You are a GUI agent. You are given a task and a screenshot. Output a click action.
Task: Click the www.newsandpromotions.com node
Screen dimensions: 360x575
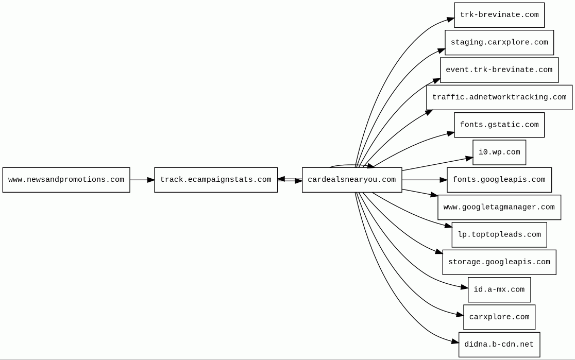tap(66, 180)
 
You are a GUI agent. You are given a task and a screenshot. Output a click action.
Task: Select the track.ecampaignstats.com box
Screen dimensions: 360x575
tap(215, 180)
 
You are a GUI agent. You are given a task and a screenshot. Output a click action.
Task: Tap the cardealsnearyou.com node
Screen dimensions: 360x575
tap(351, 180)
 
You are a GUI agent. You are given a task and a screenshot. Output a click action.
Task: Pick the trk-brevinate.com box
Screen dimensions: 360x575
tap(499, 15)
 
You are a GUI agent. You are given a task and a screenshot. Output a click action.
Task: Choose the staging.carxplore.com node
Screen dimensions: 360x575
tap(499, 42)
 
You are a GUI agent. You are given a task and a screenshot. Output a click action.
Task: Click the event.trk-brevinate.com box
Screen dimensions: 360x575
tap(499, 70)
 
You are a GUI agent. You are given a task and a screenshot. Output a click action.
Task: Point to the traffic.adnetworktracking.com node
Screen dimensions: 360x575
tap(499, 97)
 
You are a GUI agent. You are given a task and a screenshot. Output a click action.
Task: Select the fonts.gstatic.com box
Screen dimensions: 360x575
tap(499, 125)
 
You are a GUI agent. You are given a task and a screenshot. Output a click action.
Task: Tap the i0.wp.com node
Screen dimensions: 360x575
tap(499, 152)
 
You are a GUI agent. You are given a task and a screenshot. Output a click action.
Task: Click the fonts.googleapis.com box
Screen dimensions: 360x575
tap(499, 180)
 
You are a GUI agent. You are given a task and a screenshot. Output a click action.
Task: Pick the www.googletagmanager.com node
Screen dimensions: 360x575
tap(499, 207)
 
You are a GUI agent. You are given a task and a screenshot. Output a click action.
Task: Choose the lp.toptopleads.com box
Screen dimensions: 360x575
tap(499, 235)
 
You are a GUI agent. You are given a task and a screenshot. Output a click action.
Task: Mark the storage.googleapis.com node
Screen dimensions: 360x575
tap(499, 262)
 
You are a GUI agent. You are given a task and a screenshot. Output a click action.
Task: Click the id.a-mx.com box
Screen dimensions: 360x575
tap(499, 289)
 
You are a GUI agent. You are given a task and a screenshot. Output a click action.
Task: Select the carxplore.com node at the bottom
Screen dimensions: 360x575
tap(499, 317)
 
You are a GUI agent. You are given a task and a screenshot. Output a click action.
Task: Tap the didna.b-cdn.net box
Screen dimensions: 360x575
tap(499, 345)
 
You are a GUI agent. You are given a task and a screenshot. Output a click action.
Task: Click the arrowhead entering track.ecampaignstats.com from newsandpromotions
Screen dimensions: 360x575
tap(150, 180)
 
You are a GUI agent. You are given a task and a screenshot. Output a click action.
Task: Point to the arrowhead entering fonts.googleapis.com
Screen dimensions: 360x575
tap(443, 180)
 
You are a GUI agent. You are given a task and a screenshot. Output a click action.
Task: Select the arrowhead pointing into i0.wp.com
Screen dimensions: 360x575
tap(469, 159)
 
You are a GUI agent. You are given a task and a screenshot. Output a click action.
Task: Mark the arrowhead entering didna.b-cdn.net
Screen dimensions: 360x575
tap(455, 341)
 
